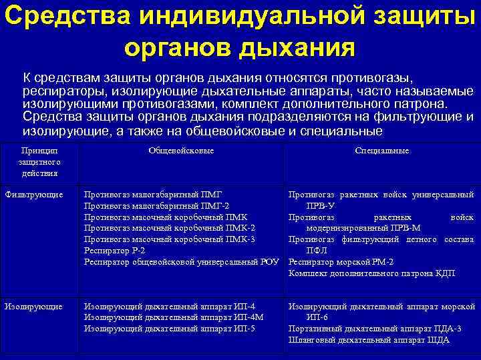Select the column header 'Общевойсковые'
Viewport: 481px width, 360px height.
[x=181, y=151]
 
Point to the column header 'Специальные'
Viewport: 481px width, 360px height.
[x=381, y=151]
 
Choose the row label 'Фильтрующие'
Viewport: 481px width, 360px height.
[x=33, y=195]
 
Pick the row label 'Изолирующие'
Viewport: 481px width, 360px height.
[x=33, y=307]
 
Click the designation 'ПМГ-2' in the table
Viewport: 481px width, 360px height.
[x=214, y=206]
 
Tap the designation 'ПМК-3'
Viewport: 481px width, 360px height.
[x=240, y=239]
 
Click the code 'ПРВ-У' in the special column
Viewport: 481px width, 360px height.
[x=321, y=206]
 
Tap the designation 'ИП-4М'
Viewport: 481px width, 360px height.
[x=250, y=318]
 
